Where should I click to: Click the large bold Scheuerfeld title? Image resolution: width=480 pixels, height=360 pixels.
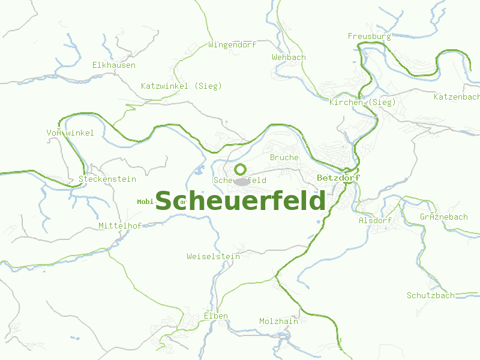241,201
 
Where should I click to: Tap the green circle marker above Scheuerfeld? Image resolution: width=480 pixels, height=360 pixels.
240,169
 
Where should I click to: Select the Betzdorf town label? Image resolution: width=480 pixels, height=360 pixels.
338,178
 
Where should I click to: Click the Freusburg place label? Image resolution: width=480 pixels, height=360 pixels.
369,36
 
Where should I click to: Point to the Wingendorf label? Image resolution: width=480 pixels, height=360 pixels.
232,44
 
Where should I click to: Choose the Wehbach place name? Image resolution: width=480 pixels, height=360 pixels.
289,57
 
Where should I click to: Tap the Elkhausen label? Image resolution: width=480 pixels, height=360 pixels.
113,65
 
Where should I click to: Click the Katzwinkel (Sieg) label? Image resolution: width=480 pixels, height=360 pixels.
181,86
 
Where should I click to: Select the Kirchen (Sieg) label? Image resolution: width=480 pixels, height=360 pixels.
362,102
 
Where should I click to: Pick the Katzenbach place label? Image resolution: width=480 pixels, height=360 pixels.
456,96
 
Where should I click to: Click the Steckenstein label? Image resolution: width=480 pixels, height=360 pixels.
107,179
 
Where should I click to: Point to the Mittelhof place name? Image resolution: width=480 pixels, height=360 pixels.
119,226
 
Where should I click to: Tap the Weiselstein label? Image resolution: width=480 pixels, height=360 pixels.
213,256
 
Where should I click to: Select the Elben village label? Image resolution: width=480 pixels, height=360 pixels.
216,316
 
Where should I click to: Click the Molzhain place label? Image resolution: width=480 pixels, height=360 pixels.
278,321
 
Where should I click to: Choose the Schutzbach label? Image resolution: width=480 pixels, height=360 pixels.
430,295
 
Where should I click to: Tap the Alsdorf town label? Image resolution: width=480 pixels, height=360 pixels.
375,220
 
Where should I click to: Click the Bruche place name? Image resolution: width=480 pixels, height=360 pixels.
284,157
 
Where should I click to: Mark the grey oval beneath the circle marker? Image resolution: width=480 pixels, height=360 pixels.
242,181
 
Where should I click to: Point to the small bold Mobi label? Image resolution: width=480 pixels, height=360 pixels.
146,202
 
